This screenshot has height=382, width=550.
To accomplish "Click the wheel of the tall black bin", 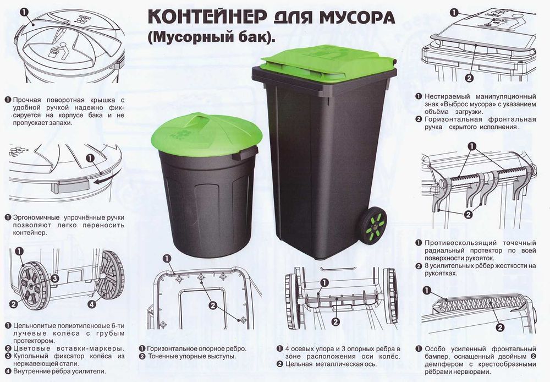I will [373, 225].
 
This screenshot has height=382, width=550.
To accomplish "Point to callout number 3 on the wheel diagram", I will [55, 278].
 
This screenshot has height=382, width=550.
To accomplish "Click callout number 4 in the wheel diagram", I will [91, 303].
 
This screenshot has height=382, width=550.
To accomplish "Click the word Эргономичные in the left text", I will [40, 217].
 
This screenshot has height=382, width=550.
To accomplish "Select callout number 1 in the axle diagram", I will [324, 282].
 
